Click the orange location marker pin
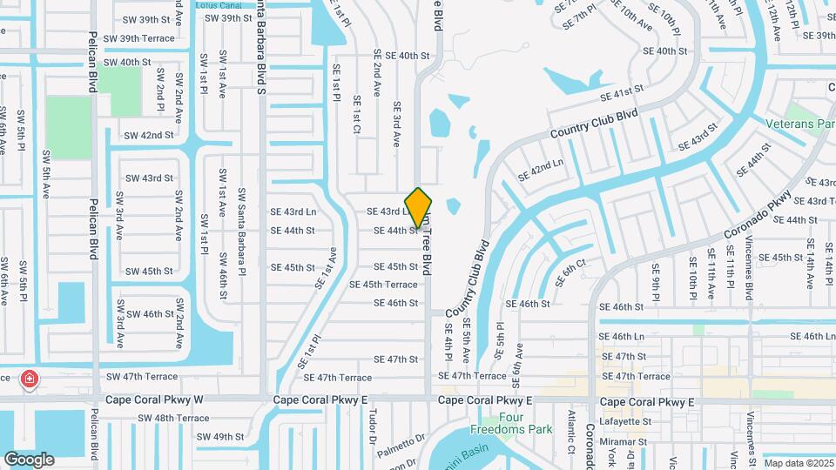point(419,207)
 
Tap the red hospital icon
point(30,379)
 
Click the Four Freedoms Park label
point(499,423)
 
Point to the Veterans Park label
point(799,124)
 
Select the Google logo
point(29,459)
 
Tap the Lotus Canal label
point(217,5)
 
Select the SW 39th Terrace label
point(139,39)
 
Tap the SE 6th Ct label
point(575,271)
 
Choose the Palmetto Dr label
point(401,440)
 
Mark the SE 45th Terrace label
point(383,285)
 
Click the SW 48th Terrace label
point(173,418)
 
